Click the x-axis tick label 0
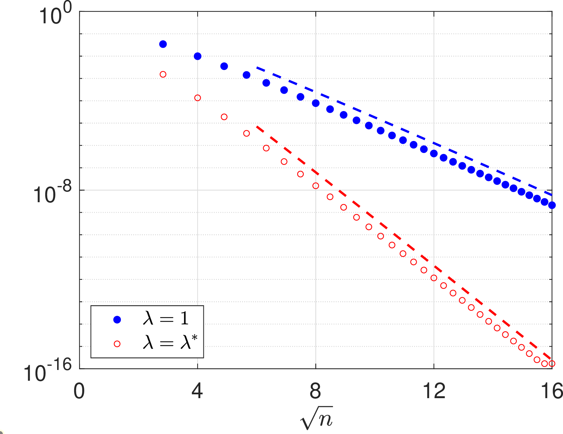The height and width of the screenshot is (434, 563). click(79, 391)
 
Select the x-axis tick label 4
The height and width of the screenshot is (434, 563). click(197, 391)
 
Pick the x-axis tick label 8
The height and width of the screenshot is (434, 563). click(315, 391)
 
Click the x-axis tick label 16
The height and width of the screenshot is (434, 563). click(552, 391)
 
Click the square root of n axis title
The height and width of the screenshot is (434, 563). click(316, 418)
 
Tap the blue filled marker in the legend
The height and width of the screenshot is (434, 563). click(117, 319)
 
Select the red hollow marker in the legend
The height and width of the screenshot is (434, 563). click(117, 344)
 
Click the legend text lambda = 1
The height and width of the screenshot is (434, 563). click(166, 318)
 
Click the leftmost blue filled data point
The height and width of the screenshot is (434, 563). click(163, 44)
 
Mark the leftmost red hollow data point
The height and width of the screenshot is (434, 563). click(163, 74)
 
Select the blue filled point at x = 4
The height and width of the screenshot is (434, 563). click(198, 56)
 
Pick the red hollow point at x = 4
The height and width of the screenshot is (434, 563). click(198, 98)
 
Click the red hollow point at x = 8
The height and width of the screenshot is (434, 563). click(316, 186)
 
